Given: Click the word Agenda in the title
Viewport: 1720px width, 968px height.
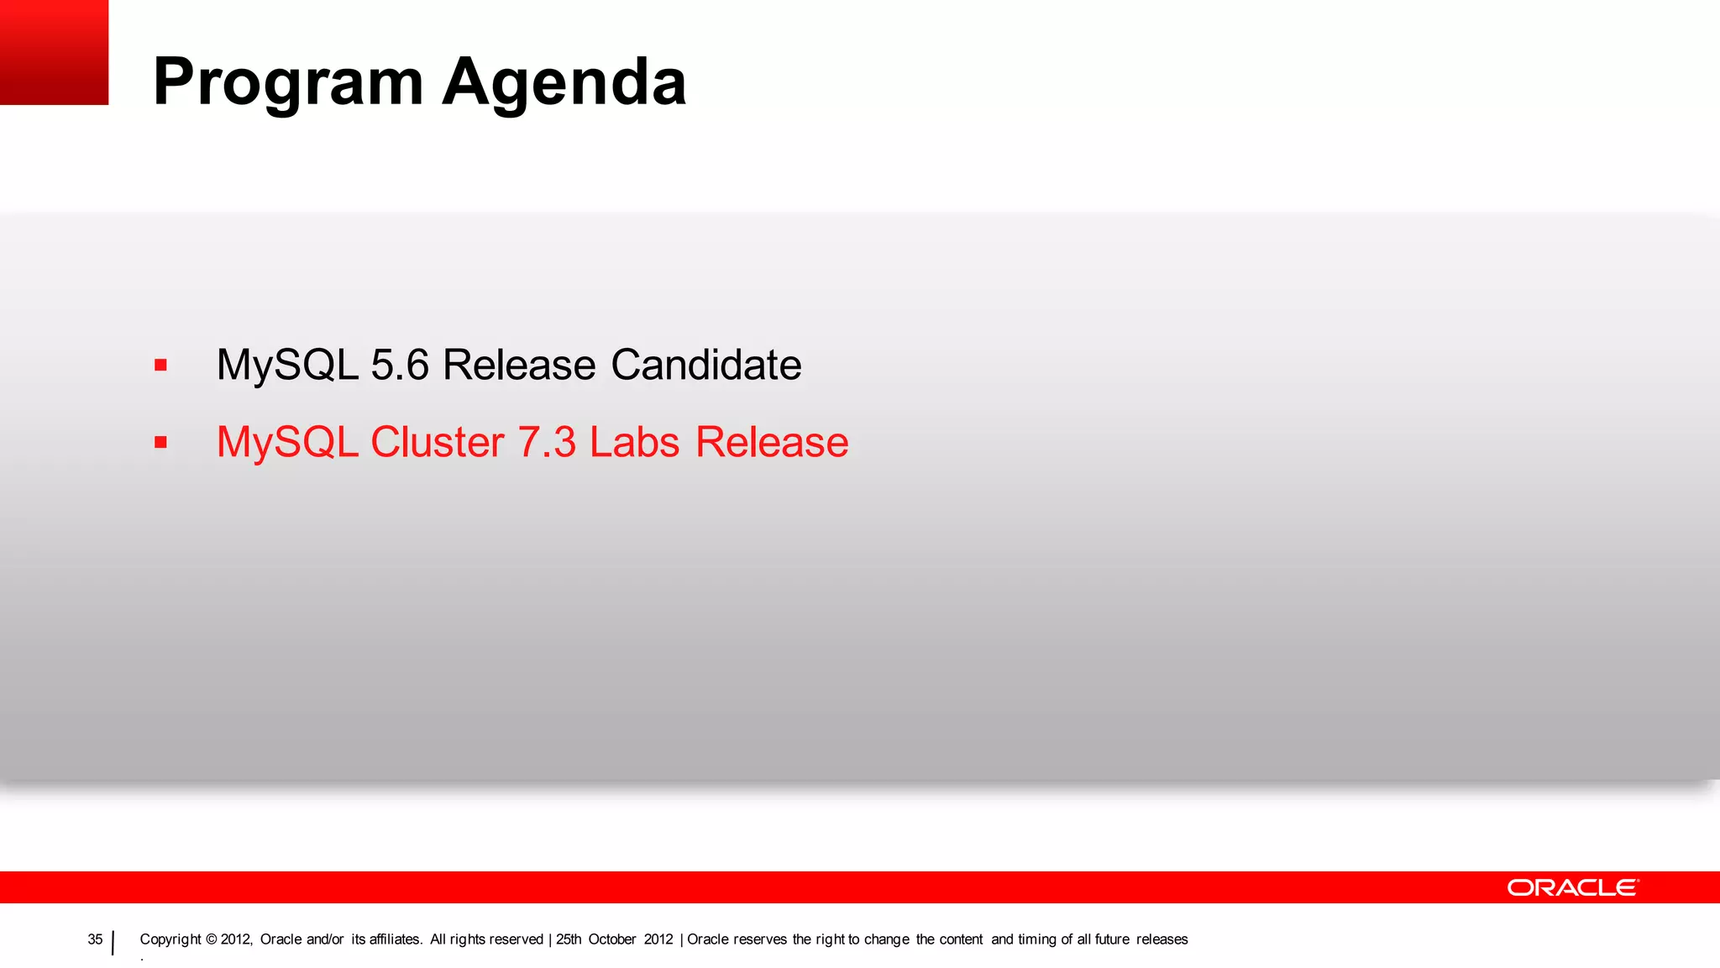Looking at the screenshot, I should tap(564, 82).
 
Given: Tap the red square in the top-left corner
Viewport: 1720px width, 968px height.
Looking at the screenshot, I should tap(54, 52).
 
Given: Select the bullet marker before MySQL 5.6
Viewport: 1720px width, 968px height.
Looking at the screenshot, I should tap(160, 366).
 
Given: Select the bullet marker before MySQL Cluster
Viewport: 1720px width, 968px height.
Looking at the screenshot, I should tap(160, 443).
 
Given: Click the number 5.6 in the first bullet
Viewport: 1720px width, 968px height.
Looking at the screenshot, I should tap(400, 366).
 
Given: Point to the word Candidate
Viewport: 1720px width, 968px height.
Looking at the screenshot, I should tap(705, 366).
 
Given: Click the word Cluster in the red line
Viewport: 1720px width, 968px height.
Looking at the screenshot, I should tap(437, 443).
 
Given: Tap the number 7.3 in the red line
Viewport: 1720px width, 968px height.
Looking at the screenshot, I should tap(547, 443).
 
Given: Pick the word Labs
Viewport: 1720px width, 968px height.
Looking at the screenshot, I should tap(634, 443).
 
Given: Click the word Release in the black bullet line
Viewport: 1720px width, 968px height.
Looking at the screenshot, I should tap(519, 366).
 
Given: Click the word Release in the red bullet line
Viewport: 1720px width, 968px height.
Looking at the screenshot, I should tap(772, 443).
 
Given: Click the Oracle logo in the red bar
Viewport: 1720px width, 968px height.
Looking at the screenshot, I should tap(1572, 888).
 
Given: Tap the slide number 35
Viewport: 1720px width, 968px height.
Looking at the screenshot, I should tap(95, 939).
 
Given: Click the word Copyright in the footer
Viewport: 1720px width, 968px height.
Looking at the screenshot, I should tap(170, 939).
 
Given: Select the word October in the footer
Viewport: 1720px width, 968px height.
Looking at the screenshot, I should tap(611, 939).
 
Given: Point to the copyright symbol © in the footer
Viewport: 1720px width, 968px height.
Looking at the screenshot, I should tap(211, 939).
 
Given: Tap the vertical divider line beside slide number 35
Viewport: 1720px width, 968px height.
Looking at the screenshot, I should tap(113, 943).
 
